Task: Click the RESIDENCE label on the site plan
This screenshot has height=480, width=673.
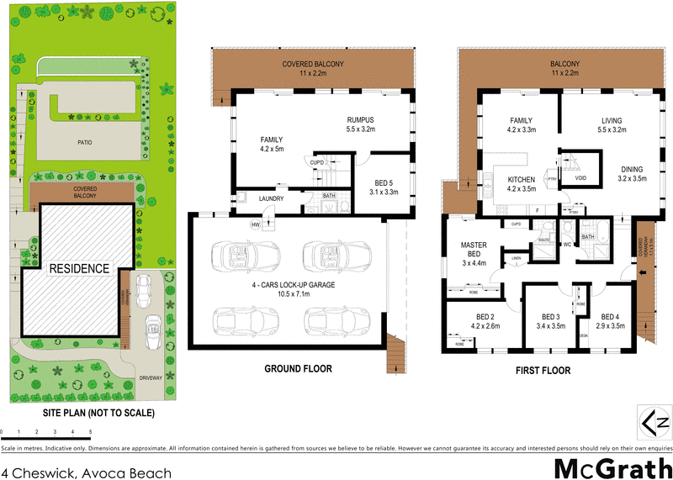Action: (x=79, y=269)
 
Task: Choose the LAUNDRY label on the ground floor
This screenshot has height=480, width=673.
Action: (x=271, y=199)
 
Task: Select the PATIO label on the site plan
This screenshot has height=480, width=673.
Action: (x=82, y=142)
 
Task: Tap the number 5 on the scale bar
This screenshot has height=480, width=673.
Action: (x=90, y=431)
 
